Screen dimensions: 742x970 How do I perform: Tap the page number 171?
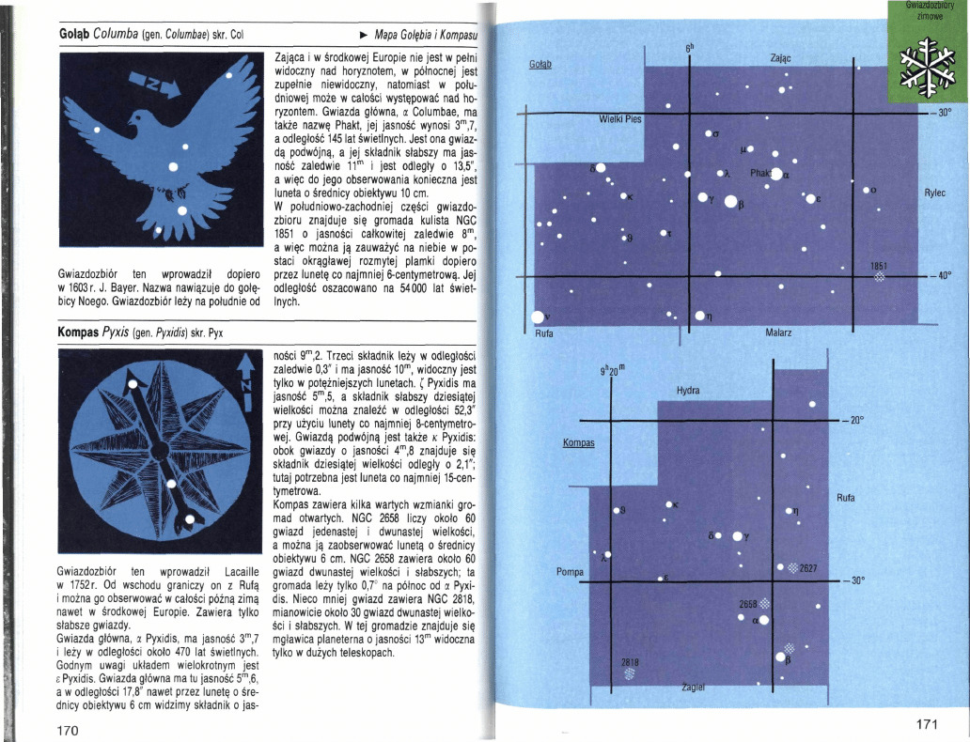click(x=927, y=724)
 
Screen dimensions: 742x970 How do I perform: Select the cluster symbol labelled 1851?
click(x=880, y=276)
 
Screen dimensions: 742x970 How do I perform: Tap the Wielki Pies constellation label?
click(x=620, y=119)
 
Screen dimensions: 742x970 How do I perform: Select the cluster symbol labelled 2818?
click(x=630, y=672)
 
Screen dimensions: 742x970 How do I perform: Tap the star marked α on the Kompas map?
click(x=764, y=620)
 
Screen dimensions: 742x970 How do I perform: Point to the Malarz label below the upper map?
click(x=778, y=332)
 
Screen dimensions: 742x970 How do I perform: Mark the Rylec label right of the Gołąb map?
click(x=935, y=193)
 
